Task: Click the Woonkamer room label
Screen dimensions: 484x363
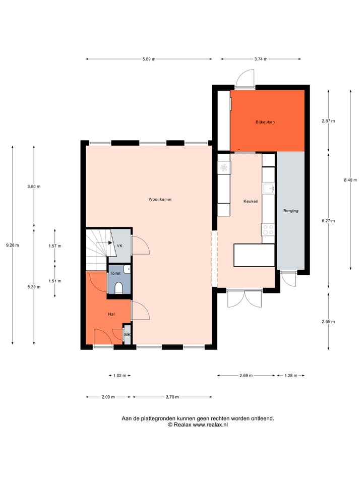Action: click(160, 200)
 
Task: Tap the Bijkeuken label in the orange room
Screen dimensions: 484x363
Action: click(265, 122)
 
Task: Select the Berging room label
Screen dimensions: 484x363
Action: click(290, 211)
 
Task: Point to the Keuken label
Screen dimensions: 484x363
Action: click(251, 201)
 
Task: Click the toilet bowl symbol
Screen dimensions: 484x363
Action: click(119, 288)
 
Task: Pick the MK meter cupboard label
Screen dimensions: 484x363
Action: click(128, 335)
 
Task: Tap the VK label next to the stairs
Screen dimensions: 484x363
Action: click(119, 246)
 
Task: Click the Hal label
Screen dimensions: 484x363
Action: click(111, 314)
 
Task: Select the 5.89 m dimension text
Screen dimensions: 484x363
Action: click(149, 59)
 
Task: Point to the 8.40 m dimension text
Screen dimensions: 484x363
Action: click(350, 180)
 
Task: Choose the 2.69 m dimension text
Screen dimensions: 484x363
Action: click(246, 376)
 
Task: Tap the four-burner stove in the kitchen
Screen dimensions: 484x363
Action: click(268, 229)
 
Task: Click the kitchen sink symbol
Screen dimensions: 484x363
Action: click(269, 189)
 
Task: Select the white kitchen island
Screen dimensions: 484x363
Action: click(254, 255)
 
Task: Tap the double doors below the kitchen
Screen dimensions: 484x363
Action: click(245, 298)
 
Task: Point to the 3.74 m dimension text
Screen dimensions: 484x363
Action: click(261, 59)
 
